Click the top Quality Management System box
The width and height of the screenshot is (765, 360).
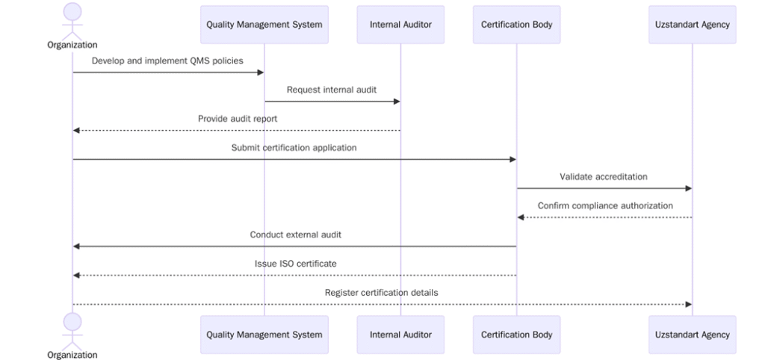[x=264, y=25]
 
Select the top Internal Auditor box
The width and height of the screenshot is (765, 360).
[x=400, y=25]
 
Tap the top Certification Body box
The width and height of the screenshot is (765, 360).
[x=515, y=25]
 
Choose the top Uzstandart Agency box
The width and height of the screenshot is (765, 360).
[x=692, y=25]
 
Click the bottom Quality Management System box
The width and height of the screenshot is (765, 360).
[x=264, y=335]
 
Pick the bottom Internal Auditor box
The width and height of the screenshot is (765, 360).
[x=400, y=335]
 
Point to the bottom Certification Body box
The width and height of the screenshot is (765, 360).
[x=515, y=335]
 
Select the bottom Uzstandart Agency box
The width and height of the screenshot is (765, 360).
[x=692, y=335]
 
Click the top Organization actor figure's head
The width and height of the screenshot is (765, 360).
[x=72, y=11]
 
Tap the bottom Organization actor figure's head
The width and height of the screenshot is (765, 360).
[x=72, y=322]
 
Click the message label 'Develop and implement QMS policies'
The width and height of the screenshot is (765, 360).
[x=167, y=60]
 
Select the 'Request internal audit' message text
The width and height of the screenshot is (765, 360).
[x=332, y=90]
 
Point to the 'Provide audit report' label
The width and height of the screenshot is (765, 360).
[x=238, y=119]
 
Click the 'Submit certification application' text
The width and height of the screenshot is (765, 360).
[x=294, y=148]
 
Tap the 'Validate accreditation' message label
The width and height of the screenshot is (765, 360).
[x=604, y=177]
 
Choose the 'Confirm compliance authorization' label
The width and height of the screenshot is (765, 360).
[x=605, y=205]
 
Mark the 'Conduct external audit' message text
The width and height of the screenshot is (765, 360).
[x=296, y=235]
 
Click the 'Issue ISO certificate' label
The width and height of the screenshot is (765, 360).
[x=295, y=264]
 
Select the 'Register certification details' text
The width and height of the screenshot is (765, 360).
[x=381, y=293]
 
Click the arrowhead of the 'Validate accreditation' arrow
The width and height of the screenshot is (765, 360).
[x=688, y=189]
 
